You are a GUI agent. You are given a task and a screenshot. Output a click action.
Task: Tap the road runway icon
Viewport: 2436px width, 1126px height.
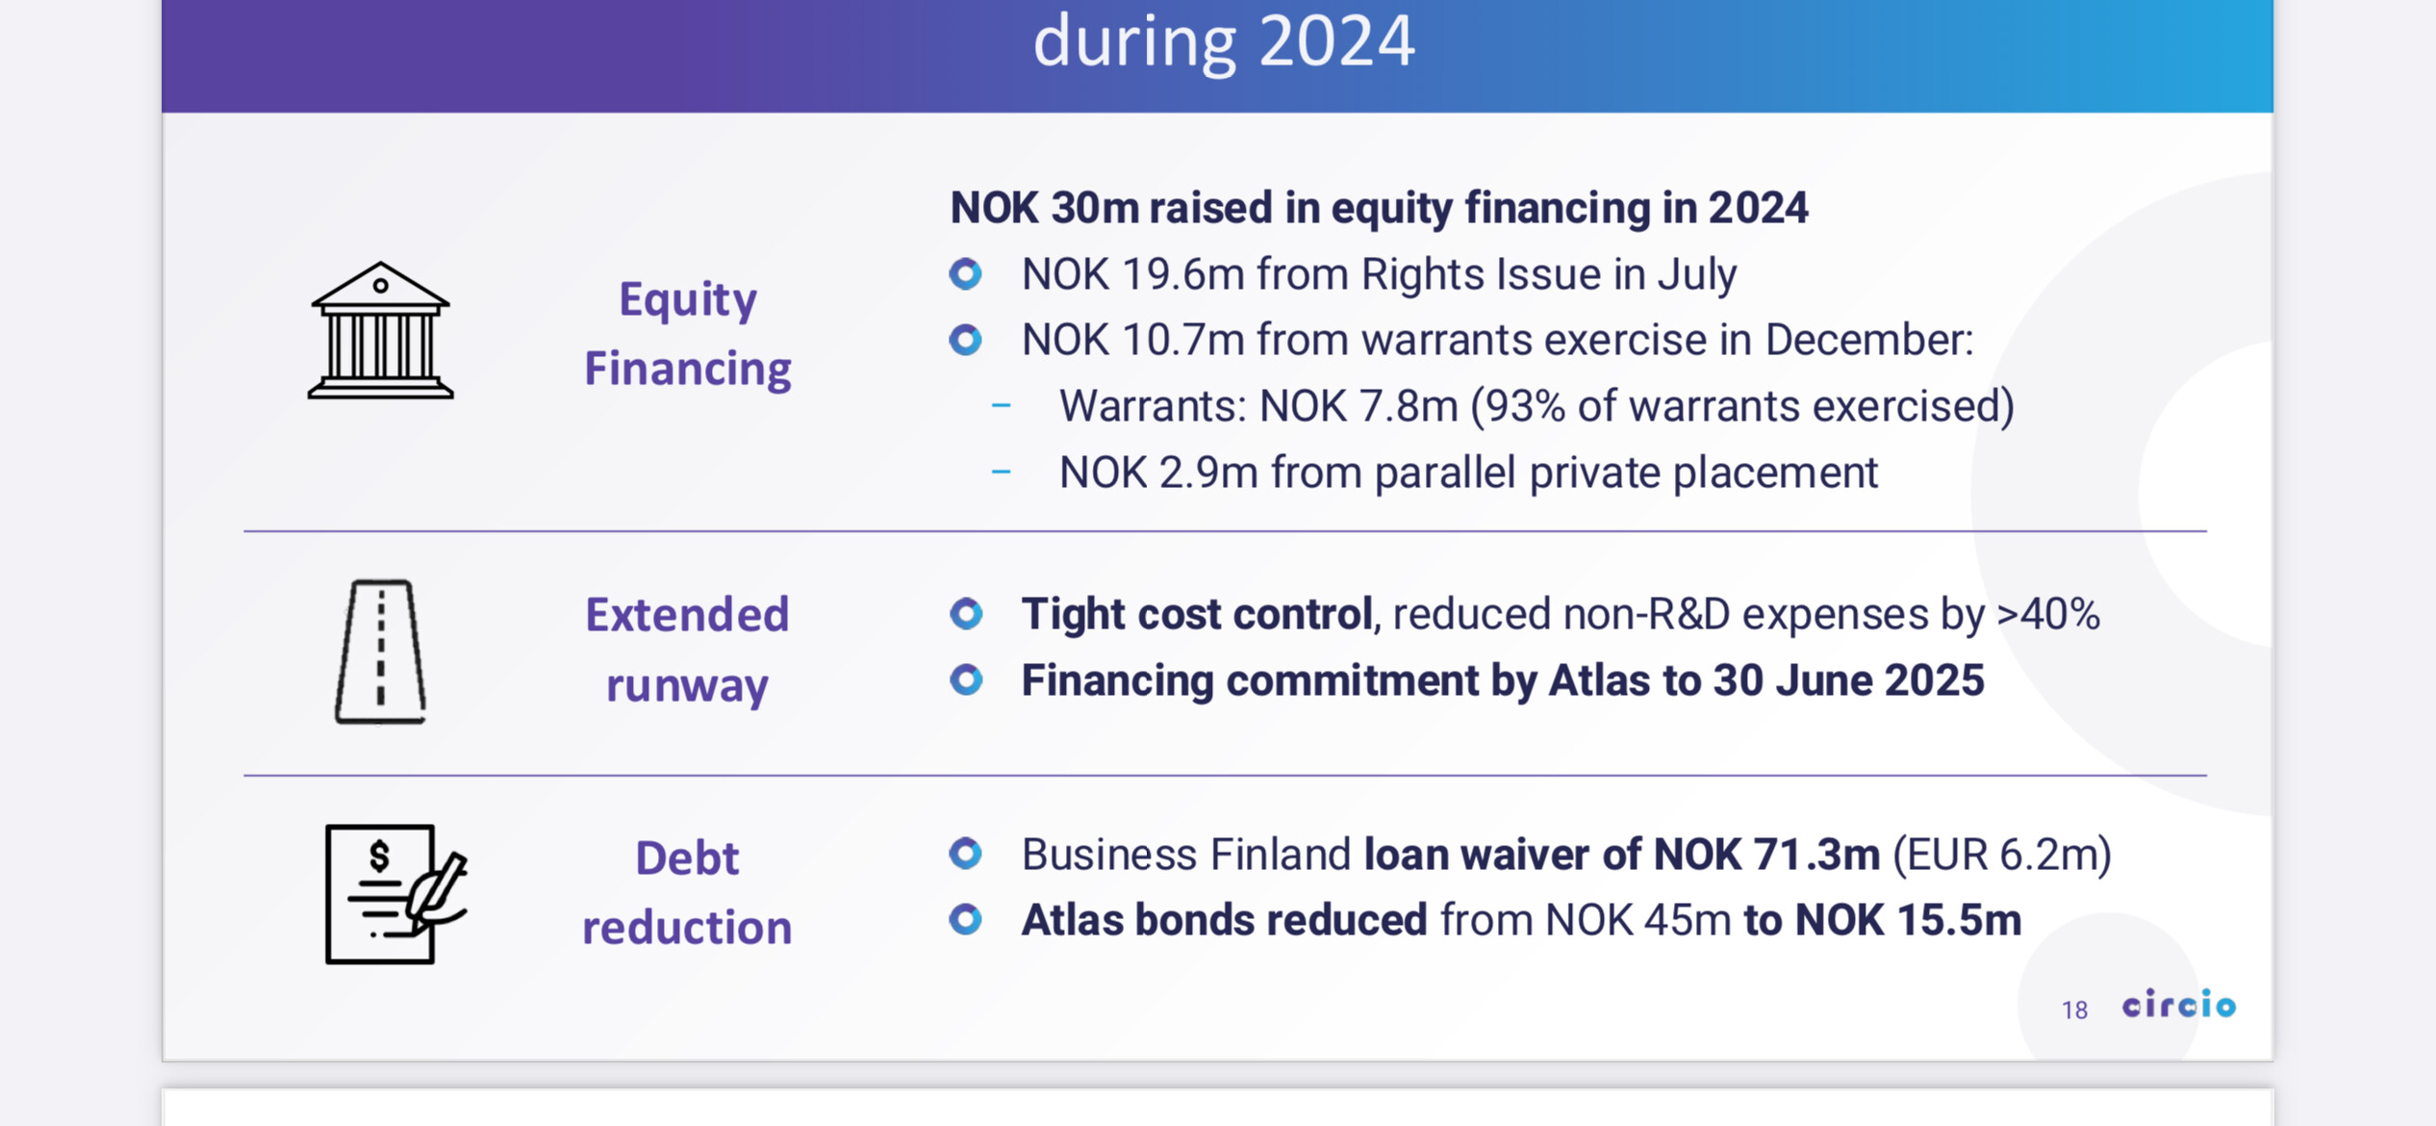click(380, 652)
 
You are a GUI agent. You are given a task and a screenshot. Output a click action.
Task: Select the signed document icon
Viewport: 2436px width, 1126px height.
click(395, 894)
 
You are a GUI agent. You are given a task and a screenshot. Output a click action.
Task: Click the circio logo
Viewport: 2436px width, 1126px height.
click(2179, 1004)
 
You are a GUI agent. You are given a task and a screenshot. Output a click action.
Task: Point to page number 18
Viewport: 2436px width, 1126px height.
click(2074, 1010)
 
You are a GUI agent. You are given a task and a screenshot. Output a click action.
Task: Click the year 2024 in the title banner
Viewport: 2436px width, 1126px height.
click(1336, 41)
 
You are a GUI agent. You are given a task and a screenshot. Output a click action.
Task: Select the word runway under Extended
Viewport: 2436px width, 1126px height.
click(687, 686)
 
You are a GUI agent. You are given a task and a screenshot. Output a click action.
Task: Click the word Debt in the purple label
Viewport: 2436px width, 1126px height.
click(687, 857)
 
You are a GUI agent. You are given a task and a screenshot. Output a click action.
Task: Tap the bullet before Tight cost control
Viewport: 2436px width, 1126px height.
click(966, 614)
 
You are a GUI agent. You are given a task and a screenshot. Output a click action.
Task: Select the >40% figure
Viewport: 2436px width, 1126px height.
click(2048, 614)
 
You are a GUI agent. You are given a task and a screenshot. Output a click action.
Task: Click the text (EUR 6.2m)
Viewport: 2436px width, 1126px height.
click(2002, 855)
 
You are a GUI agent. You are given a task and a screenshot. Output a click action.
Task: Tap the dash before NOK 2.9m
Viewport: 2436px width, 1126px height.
click(1001, 472)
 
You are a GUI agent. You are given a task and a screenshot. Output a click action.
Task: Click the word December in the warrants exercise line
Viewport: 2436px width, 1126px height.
click(1868, 340)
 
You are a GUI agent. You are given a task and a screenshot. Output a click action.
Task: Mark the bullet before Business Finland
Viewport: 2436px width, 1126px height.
click(966, 854)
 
